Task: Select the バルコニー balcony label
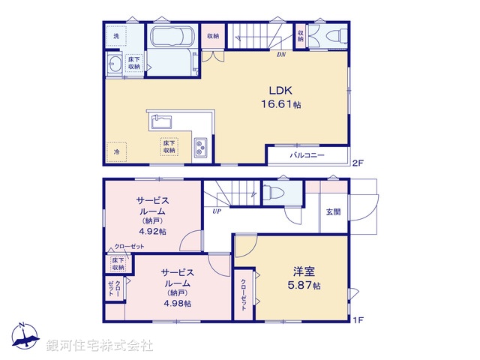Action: [307, 155]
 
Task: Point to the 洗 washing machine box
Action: [116, 35]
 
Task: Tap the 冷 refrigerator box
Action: [116, 151]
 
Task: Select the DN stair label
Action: [281, 55]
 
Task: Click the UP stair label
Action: [217, 211]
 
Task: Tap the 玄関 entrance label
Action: [333, 211]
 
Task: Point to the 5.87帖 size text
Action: [306, 286]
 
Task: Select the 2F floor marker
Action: [358, 161]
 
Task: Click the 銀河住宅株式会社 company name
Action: [99, 346]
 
